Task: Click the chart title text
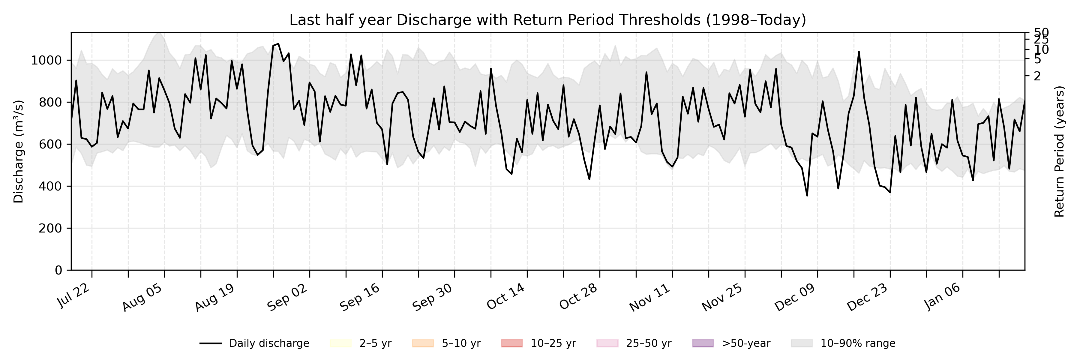pos(547,20)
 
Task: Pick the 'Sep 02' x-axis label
pos(288,297)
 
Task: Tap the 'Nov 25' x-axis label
pos(722,297)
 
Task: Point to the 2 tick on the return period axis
pos(1037,76)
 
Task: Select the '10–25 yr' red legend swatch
pos(511,343)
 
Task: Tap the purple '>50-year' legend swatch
pos(703,343)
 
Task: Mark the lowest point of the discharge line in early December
pos(807,196)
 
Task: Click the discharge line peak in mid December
pos(859,52)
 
